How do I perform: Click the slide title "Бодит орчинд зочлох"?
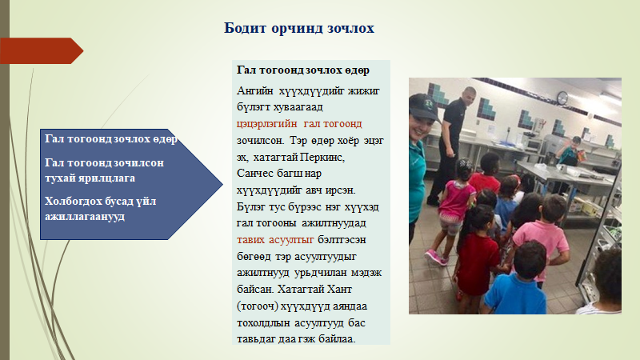[298, 28]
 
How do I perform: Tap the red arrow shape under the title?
[42, 50]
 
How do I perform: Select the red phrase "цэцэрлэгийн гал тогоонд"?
[299, 124]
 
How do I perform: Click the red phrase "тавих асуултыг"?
[275, 239]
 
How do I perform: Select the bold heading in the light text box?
[303, 70]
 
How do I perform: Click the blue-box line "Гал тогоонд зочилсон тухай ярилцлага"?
[104, 170]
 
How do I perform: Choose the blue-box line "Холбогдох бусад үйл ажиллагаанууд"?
[101, 209]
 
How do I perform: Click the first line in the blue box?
[111, 139]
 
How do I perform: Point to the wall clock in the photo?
[562, 98]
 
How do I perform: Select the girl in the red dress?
[476, 253]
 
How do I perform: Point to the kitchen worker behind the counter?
[570, 151]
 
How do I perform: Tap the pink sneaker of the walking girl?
[433, 256]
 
